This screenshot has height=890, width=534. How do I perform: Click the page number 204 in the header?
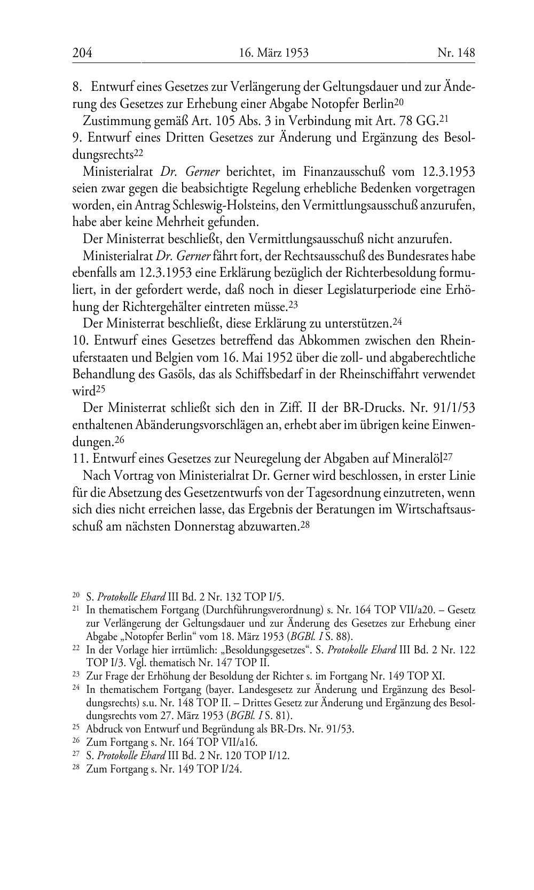pos(82,53)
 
